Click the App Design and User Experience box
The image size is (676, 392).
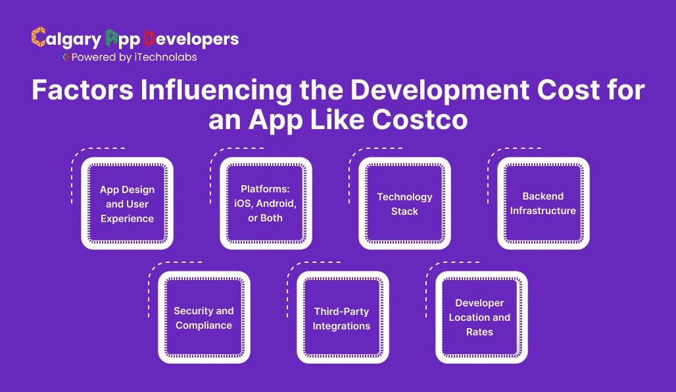pos(127,204)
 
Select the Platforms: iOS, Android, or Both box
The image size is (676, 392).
pos(266,204)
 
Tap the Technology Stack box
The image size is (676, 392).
pos(404,204)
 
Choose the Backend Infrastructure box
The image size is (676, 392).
pos(543,204)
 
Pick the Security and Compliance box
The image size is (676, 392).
pos(204,318)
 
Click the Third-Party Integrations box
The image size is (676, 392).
pos(342,318)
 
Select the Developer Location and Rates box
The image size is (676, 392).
pos(481,318)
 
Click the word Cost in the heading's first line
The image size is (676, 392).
pos(566,90)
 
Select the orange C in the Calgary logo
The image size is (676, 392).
pos(38,38)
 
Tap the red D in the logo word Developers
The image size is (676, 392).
pos(150,38)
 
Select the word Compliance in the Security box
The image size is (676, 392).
pos(204,325)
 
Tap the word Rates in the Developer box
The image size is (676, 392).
pos(480,332)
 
